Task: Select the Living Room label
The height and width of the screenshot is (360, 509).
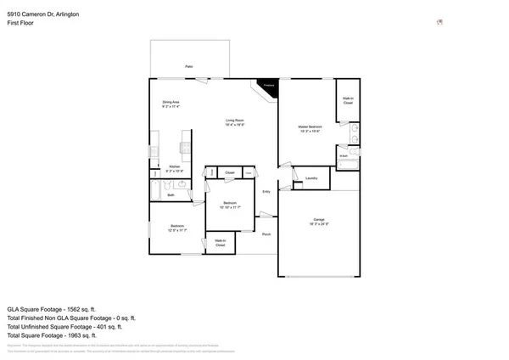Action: tap(236, 122)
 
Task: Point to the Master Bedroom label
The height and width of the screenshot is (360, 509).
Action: tap(309, 129)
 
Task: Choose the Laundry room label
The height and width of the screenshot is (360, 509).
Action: tap(311, 178)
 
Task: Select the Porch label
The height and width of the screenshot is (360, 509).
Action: tap(266, 233)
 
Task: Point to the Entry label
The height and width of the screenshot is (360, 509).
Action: tap(266, 192)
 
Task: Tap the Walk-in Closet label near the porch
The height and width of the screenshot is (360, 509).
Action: tap(220, 243)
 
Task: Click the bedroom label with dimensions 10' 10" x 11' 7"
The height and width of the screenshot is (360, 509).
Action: tap(230, 205)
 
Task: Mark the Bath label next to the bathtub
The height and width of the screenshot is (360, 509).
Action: tap(171, 194)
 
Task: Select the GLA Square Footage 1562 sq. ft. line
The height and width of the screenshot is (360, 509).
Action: tap(58, 309)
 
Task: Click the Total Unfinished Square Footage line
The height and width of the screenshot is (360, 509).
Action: tap(64, 326)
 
